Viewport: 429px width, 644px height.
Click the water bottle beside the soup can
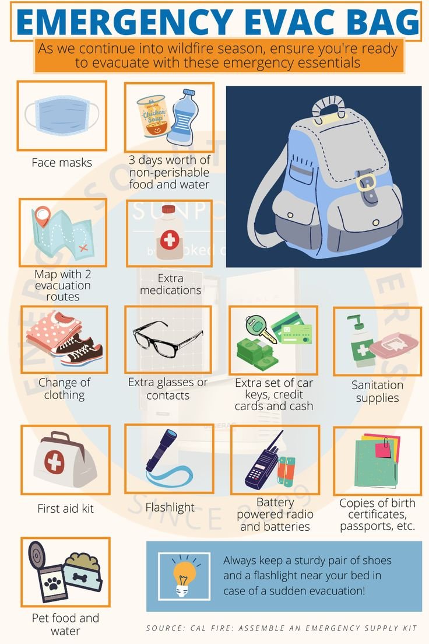(182, 117)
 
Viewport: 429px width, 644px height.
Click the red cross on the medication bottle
(169, 239)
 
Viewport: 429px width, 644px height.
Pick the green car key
(256, 327)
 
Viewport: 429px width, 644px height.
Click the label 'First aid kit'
(65, 509)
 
